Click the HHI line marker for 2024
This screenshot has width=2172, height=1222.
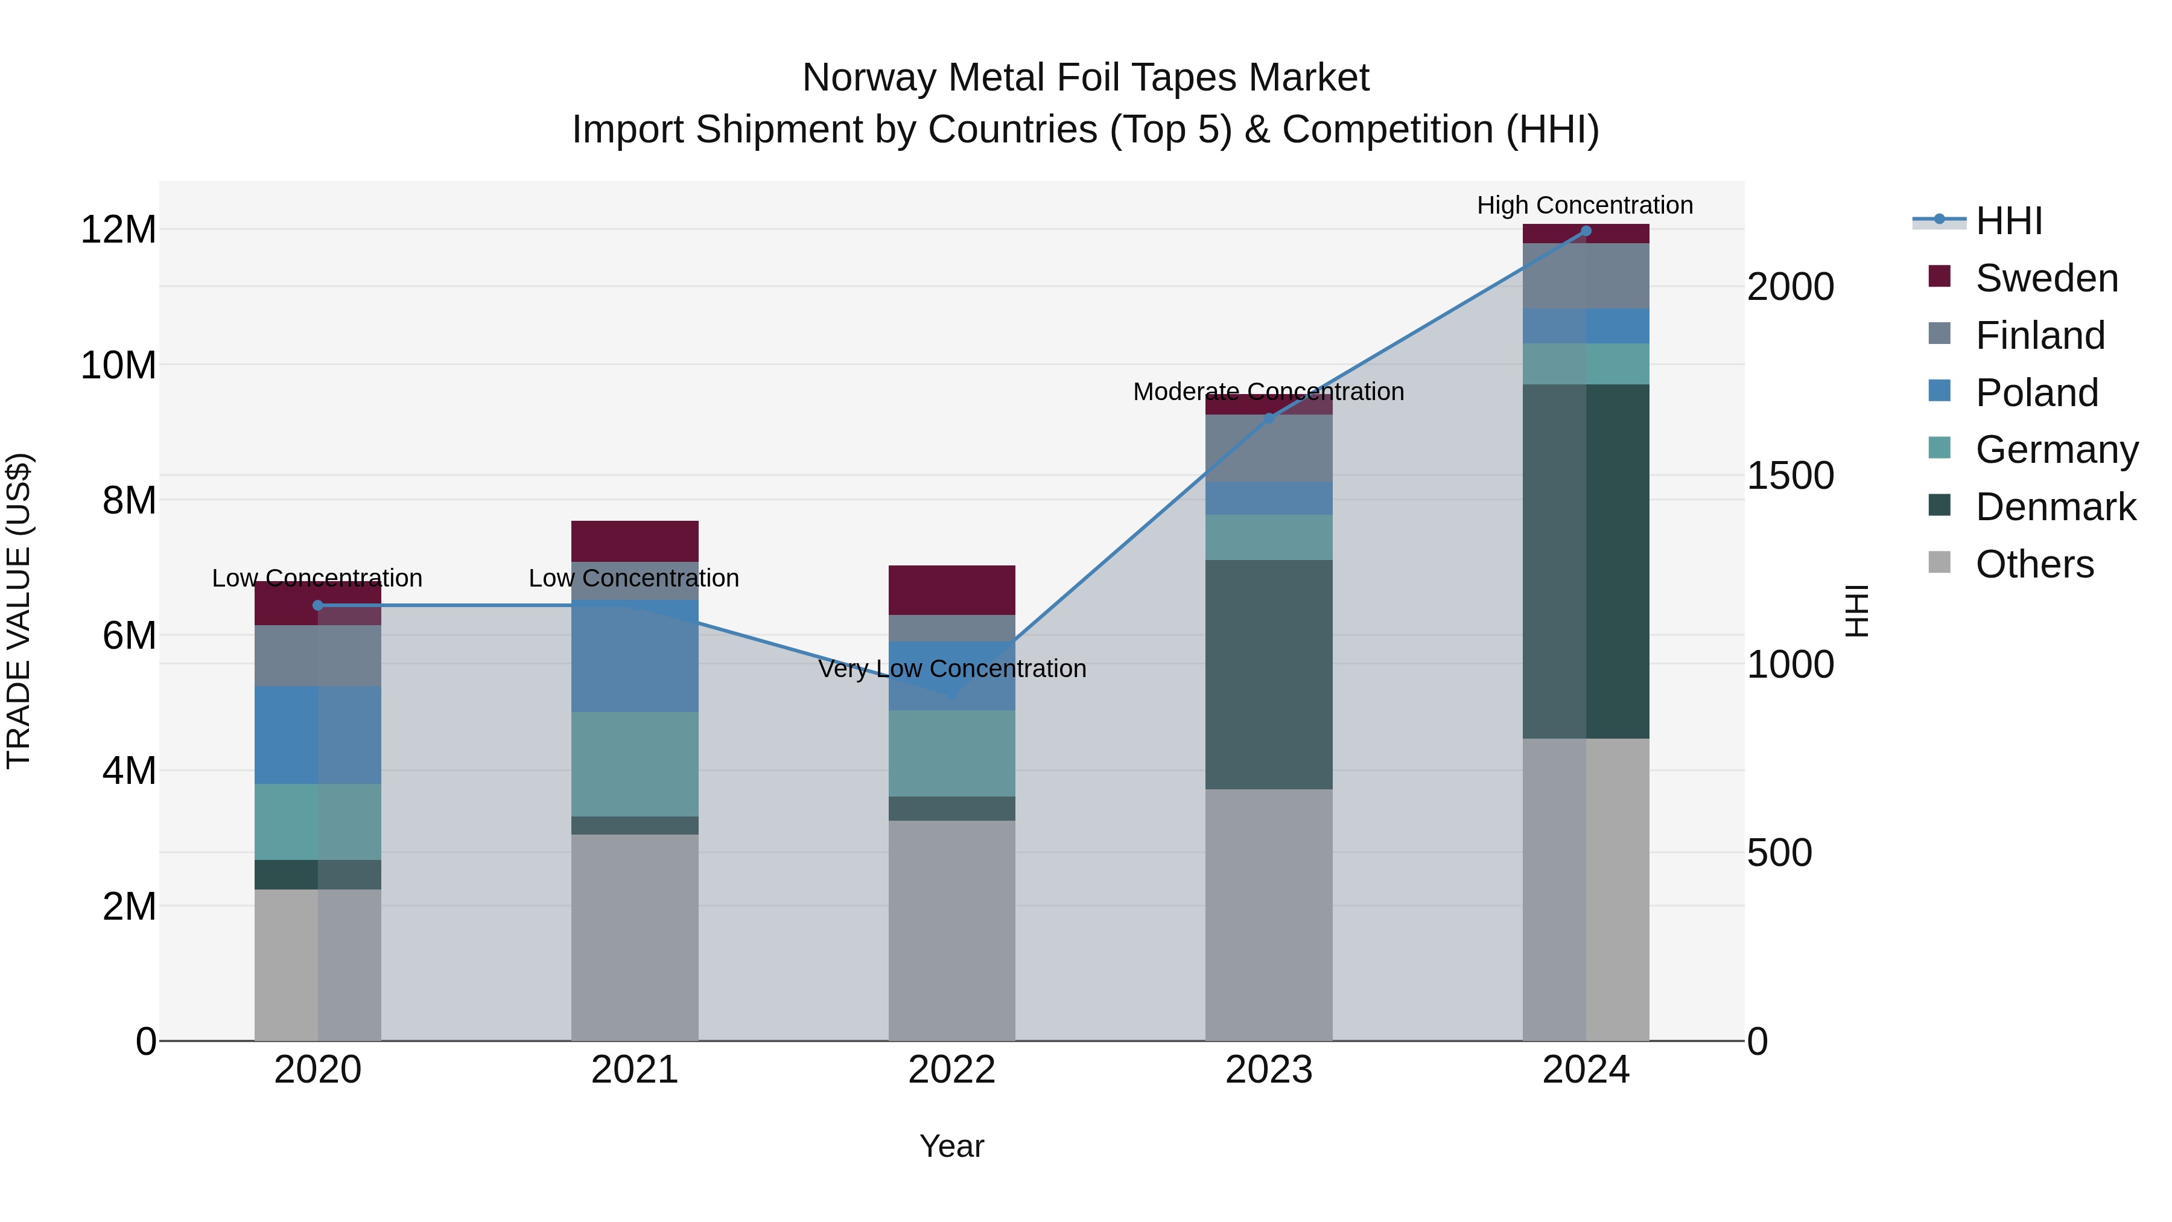(1585, 231)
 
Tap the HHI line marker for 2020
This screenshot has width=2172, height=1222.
(318, 605)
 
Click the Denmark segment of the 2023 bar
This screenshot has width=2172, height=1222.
(1268, 674)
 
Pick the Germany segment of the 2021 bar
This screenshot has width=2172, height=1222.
(634, 763)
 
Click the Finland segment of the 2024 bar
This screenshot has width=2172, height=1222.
(1585, 276)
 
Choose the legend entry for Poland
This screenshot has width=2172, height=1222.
(2036, 393)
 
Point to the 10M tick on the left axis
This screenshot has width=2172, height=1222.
(118, 365)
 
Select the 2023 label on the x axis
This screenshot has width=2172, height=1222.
(1268, 1070)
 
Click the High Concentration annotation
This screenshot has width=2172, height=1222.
(1584, 205)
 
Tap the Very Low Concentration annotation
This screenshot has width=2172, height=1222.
(952, 669)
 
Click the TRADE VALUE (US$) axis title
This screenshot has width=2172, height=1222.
(19, 611)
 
